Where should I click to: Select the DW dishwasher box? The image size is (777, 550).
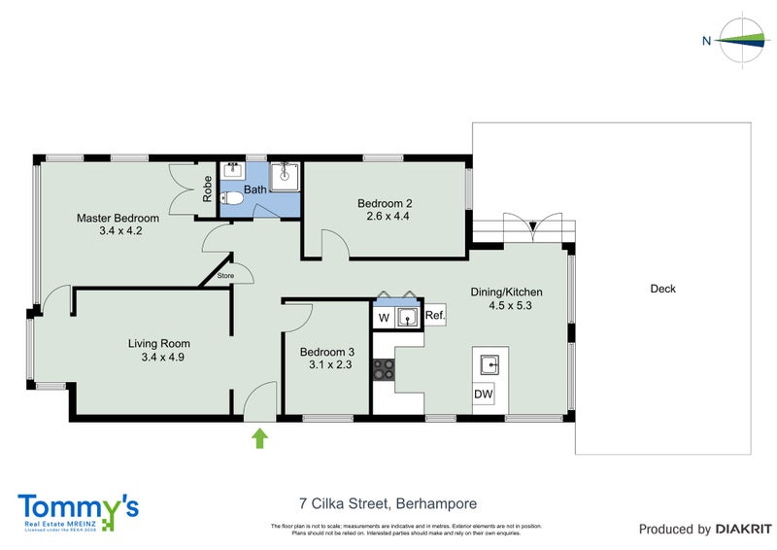(x=483, y=395)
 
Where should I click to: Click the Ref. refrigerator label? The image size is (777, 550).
(x=434, y=316)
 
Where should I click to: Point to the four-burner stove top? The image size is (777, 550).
(x=384, y=369)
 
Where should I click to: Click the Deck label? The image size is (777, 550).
(x=663, y=289)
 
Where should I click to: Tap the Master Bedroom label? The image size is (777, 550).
(x=118, y=218)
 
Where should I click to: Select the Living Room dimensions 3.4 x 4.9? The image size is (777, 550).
(x=161, y=357)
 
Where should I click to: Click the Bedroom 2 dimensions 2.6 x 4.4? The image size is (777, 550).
(x=385, y=217)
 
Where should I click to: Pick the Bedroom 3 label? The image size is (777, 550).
(x=326, y=352)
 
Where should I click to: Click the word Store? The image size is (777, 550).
(x=226, y=276)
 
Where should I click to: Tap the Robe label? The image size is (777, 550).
(x=208, y=189)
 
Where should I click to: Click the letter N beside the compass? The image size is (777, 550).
(x=707, y=40)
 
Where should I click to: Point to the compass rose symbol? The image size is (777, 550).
(x=744, y=40)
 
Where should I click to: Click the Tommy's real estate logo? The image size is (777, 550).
(x=79, y=510)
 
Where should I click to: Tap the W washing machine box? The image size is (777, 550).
(x=384, y=317)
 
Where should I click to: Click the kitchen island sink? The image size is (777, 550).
(x=490, y=365)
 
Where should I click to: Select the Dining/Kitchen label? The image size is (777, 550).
(x=506, y=292)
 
